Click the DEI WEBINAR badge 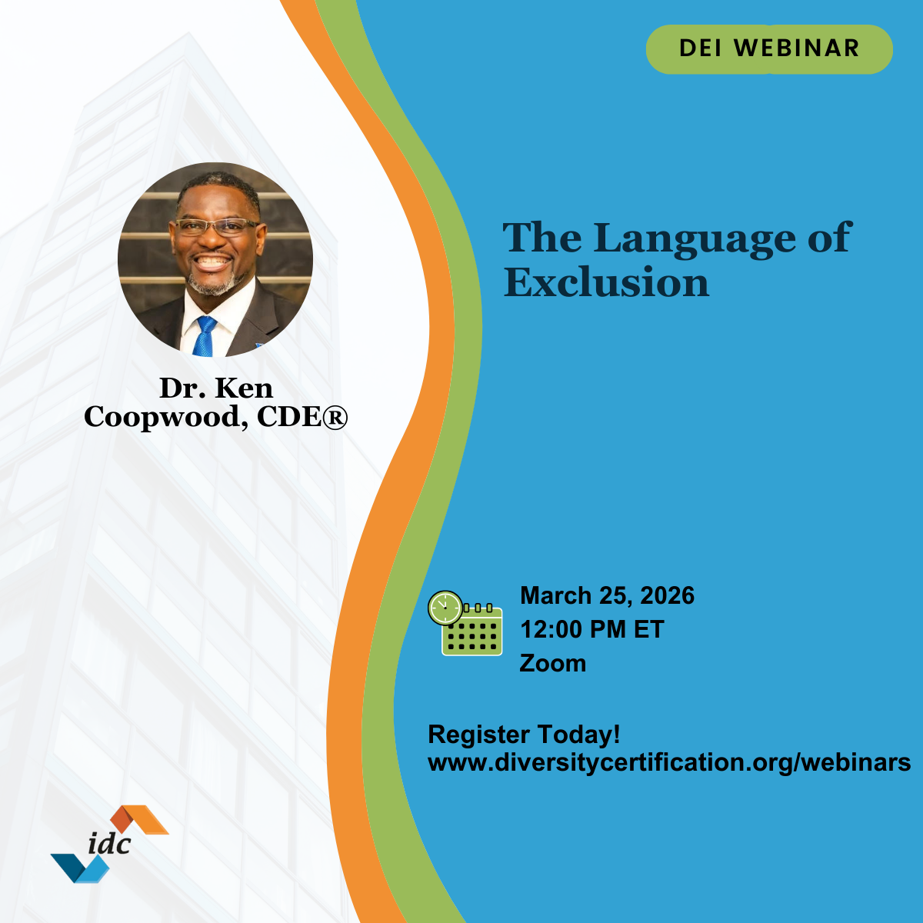pyautogui.click(x=769, y=48)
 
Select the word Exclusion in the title pyautogui.click(x=606, y=283)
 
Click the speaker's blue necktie pyautogui.click(x=205, y=336)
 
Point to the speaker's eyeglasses pyautogui.click(x=216, y=227)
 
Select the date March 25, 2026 pyautogui.click(x=607, y=595)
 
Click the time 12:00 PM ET pyautogui.click(x=591, y=629)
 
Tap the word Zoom pyautogui.click(x=552, y=663)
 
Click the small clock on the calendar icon pyautogui.click(x=445, y=608)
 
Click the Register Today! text pyautogui.click(x=524, y=734)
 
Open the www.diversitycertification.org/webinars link pyautogui.click(x=669, y=762)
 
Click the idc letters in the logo pyautogui.click(x=109, y=843)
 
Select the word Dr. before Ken pyautogui.click(x=182, y=388)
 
